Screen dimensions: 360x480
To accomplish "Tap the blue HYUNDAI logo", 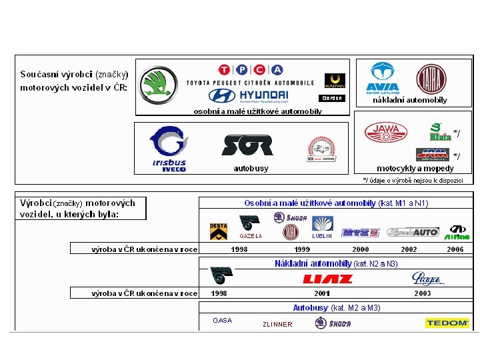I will click(x=248, y=96).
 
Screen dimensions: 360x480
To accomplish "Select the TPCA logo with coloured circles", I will click(x=250, y=70).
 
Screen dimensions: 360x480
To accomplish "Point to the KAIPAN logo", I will click(x=334, y=81).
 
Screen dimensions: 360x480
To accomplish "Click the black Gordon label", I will click(x=332, y=98).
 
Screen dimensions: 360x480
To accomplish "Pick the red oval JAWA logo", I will click(x=385, y=132).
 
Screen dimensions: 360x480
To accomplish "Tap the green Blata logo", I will click(x=439, y=132).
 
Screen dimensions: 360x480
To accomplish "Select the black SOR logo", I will click(x=247, y=145).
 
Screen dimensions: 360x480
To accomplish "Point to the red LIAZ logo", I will click(x=327, y=279).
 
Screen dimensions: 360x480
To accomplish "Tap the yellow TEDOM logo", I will click(x=447, y=323).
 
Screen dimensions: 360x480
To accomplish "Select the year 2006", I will click(x=455, y=249).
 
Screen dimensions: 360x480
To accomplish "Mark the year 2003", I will click(x=423, y=293).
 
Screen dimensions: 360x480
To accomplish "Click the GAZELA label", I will click(x=251, y=236).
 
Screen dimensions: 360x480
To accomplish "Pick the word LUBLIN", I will click(x=322, y=236).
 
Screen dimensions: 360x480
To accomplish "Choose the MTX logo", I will click(x=361, y=233).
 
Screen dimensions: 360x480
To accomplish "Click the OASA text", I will click(x=223, y=321).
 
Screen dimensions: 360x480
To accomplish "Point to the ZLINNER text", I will click(x=277, y=325).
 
